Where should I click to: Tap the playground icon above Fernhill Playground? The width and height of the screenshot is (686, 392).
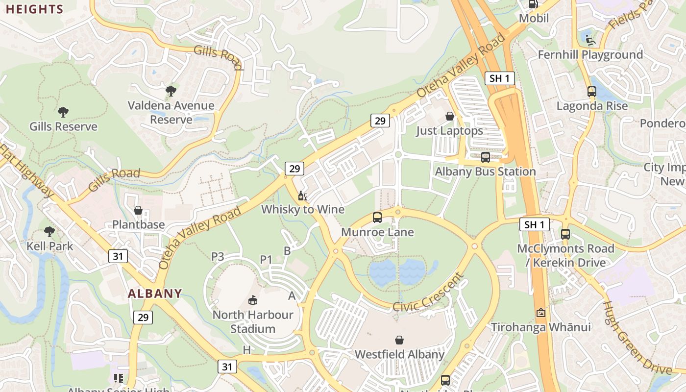[590, 39]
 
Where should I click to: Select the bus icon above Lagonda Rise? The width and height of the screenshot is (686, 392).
[591, 91]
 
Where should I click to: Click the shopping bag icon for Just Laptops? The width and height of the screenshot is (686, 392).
[449, 116]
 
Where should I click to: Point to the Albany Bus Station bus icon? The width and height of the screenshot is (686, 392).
[485, 157]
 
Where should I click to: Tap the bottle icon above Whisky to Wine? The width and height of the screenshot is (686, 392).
[302, 196]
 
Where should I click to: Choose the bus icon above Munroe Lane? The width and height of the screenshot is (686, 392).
[377, 218]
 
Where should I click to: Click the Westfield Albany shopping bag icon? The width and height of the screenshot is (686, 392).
[399, 340]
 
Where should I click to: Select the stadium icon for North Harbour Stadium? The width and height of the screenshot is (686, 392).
[253, 300]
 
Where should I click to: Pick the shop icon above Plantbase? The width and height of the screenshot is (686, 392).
[138, 210]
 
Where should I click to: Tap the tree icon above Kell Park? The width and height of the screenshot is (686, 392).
[49, 231]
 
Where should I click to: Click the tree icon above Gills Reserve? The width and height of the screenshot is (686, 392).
[63, 112]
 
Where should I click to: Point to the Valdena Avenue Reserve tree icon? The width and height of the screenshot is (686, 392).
[171, 91]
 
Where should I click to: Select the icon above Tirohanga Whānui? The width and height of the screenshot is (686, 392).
[541, 312]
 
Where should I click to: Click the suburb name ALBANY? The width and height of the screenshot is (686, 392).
[155, 294]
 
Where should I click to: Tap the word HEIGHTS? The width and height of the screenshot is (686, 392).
[35, 9]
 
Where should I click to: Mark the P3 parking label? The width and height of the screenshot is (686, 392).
[218, 256]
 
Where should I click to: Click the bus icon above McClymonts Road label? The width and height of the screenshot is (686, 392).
[565, 234]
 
